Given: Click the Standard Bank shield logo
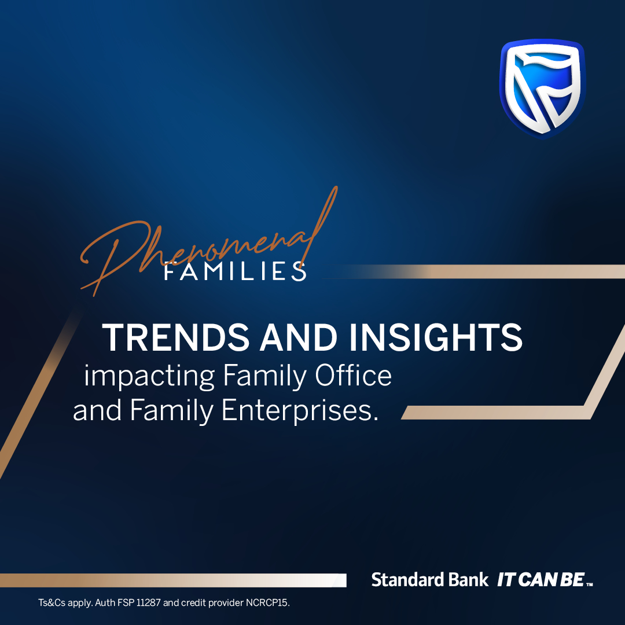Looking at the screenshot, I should coord(542,89).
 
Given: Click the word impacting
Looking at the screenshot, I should coord(148,377).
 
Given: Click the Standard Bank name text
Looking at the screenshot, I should coord(430,580).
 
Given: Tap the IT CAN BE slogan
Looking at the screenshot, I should coord(541,580).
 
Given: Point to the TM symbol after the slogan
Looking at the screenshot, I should coord(590,583).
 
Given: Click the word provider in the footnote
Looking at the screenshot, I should coord(223,603).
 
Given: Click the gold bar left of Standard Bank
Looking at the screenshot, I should coord(174,580).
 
